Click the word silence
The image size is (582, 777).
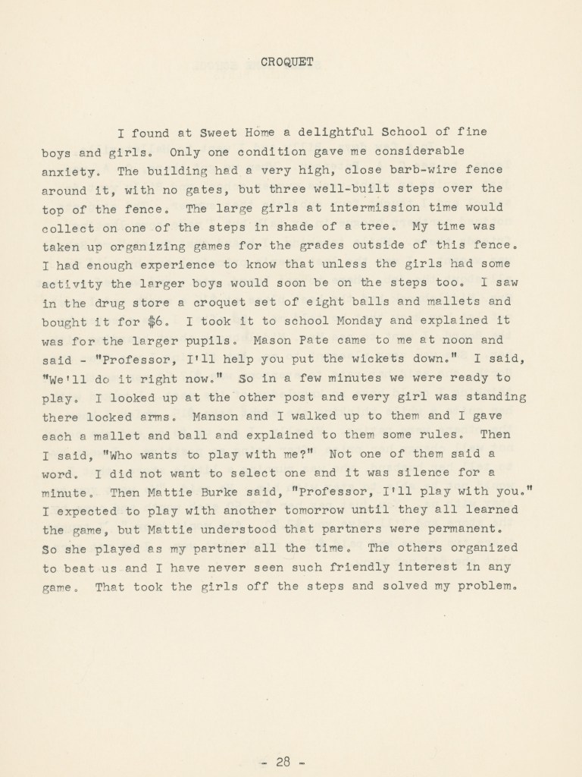point(410,473)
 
